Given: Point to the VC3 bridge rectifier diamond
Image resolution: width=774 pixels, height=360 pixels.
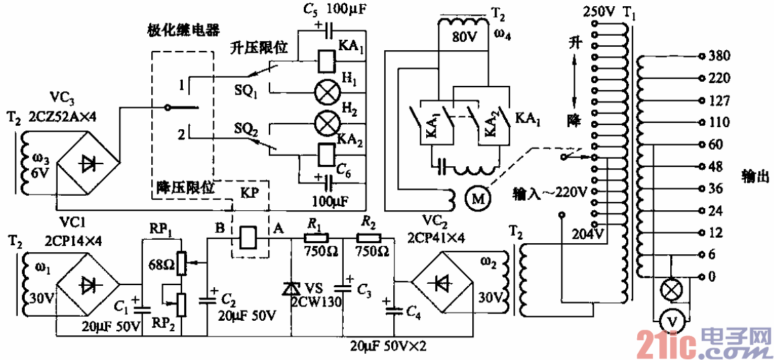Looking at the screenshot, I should point(87,163).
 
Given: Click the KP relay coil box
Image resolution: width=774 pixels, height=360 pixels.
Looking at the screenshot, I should point(249,238).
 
